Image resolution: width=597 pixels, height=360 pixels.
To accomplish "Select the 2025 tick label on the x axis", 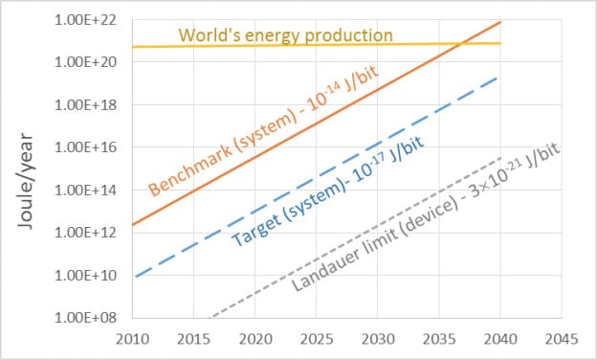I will click(x=316, y=338).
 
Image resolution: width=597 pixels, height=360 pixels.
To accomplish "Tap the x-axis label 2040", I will click(x=500, y=338).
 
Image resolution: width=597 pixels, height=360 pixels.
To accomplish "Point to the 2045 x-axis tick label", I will click(x=562, y=338).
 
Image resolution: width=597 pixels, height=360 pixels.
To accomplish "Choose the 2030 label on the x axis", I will click(x=377, y=338).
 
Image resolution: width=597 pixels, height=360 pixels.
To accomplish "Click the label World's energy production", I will click(x=286, y=35).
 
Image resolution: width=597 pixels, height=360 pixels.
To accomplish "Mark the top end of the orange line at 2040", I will click(x=500, y=21).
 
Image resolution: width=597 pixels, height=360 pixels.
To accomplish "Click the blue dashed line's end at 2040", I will click(x=500, y=77).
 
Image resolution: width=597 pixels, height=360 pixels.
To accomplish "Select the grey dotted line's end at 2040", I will click(x=500, y=158).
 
